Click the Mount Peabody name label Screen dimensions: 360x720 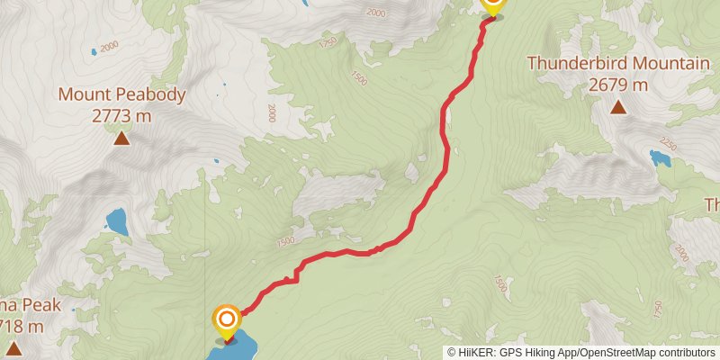(122, 94)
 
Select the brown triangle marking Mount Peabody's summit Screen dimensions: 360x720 (121, 138)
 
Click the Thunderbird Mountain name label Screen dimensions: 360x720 (618, 63)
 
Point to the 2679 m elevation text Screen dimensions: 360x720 (618, 85)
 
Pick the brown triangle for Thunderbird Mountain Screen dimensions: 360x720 (618, 108)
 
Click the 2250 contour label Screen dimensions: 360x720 (668, 143)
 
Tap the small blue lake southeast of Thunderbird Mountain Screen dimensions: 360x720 (661, 160)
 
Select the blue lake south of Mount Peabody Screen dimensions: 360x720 (117, 221)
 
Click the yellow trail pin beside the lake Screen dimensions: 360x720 (227, 319)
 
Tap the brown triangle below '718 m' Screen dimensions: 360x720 (13, 348)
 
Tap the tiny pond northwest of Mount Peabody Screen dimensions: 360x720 (93, 51)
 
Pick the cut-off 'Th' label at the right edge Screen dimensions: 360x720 (711, 205)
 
